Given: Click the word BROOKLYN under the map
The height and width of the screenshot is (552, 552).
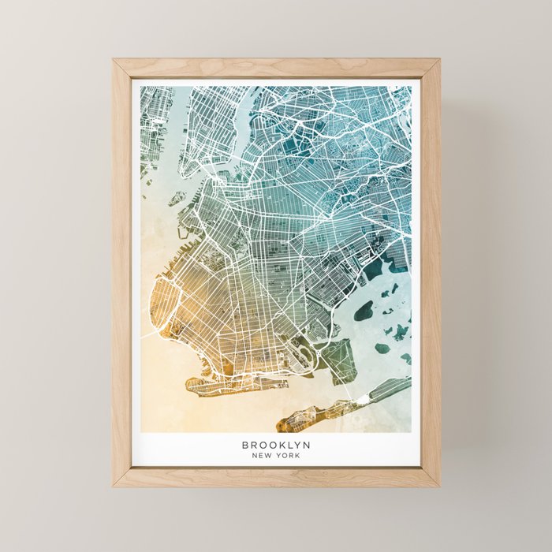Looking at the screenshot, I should pyautogui.click(x=276, y=446).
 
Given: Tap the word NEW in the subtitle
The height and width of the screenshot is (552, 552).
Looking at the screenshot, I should pyautogui.click(x=261, y=456).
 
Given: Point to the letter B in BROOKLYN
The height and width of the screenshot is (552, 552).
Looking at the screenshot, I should pyautogui.click(x=245, y=446).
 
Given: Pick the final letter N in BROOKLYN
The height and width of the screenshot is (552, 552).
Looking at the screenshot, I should pyautogui.click(x=307, y=446).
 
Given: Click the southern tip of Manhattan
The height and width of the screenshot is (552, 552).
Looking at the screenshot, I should pyautogui.click(x=185, y=170).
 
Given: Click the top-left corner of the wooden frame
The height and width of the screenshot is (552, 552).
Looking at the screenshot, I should pyautogui.click(x=114, y=59).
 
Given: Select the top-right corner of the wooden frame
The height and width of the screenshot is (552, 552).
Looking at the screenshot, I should pyautogui.click(x=439, y=59).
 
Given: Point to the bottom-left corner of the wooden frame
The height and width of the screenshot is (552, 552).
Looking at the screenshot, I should pyautogui.click(x=114, y=486).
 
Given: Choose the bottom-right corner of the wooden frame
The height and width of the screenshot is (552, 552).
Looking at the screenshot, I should pyautogui.click(x=439, y=486).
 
